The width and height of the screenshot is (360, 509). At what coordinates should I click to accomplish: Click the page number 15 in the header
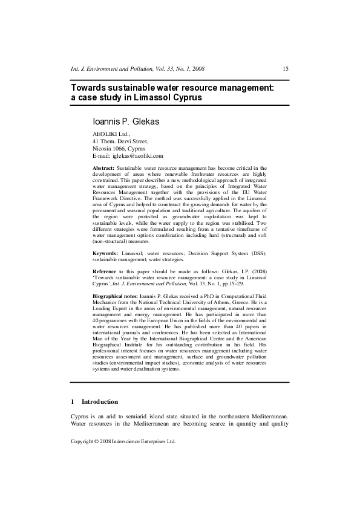pos(286,70)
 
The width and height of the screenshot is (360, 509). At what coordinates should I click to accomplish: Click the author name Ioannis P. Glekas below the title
pos(126,122)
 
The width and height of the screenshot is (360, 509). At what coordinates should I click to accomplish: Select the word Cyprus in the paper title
pos(186,97)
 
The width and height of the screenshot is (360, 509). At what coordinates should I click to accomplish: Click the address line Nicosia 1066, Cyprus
pos(119,148)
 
